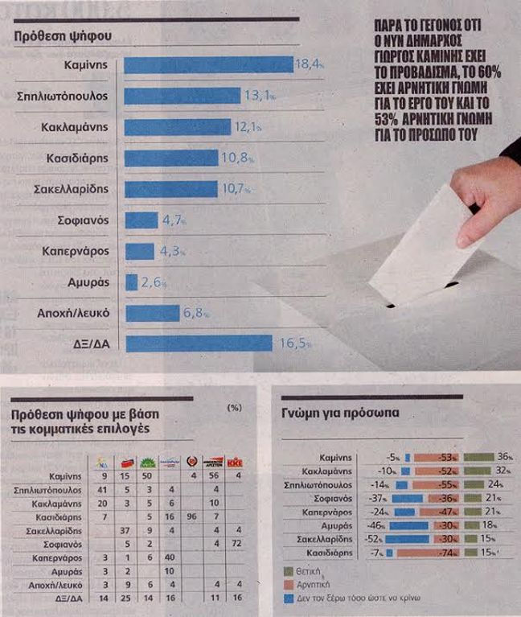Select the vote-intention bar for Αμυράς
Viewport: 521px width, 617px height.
click(132, 282)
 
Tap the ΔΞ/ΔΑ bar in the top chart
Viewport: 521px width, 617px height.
click(199, 343)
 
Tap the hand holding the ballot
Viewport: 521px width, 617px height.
click(486, 193)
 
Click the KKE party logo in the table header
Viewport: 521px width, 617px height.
click(236, 463)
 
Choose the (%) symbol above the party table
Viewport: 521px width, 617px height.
click(235, 408)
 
